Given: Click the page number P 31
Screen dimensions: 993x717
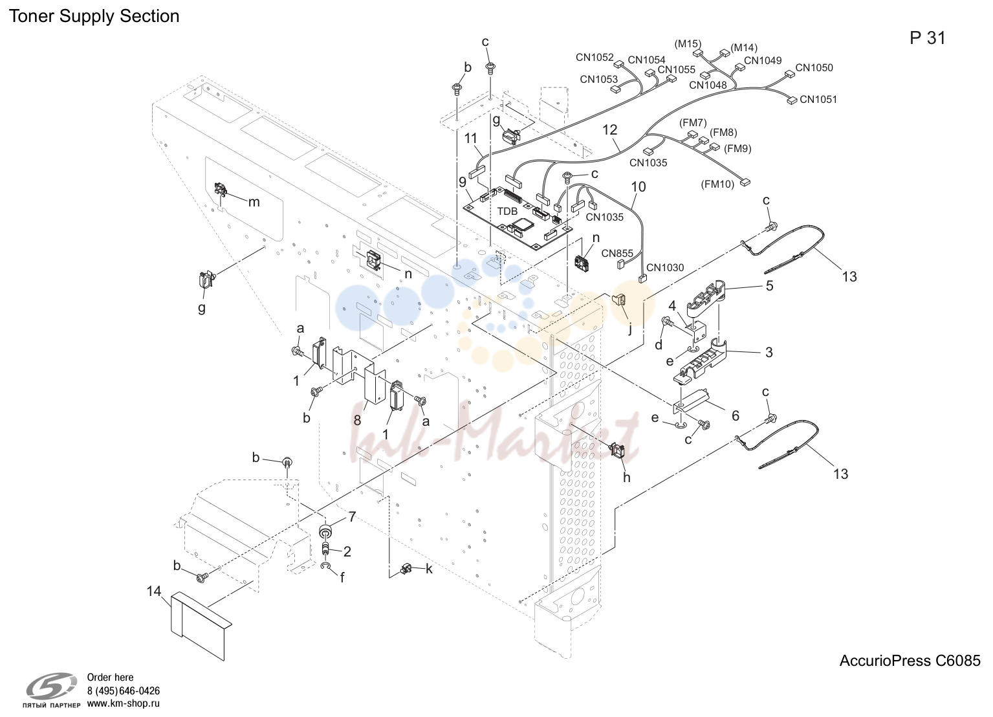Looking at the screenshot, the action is point(928,38).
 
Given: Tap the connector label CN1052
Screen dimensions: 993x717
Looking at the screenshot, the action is point(595,57).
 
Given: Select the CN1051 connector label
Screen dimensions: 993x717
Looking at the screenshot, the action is point(818,99).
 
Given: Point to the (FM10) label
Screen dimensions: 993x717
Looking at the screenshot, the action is point(717,184).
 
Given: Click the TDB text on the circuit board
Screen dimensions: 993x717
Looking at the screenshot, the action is point(507,212).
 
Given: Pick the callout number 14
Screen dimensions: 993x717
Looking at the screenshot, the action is point(154,591).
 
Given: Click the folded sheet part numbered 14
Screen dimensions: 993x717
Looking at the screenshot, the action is point(199,624).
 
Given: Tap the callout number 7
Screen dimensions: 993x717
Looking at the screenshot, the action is point(352,516).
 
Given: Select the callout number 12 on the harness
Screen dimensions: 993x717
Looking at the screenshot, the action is point(610,129).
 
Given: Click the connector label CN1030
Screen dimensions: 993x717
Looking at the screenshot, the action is point(665,267).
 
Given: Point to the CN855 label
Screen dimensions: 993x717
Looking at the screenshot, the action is point(617,253).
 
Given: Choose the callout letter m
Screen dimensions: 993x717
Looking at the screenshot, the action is point(254,202).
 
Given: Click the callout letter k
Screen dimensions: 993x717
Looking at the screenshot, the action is point(429,569).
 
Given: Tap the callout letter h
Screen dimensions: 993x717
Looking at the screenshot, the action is point(626,477).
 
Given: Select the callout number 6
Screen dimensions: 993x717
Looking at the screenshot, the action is point(736,415).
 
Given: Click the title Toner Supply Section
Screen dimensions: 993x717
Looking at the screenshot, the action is point(94,16).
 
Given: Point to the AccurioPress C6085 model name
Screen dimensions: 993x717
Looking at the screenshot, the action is point(910,661).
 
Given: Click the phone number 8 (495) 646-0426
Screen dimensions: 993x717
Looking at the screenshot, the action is point(124,691).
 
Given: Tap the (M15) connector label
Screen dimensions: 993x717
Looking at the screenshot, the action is point(688,44).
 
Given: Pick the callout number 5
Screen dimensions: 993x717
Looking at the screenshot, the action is point(769,285).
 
